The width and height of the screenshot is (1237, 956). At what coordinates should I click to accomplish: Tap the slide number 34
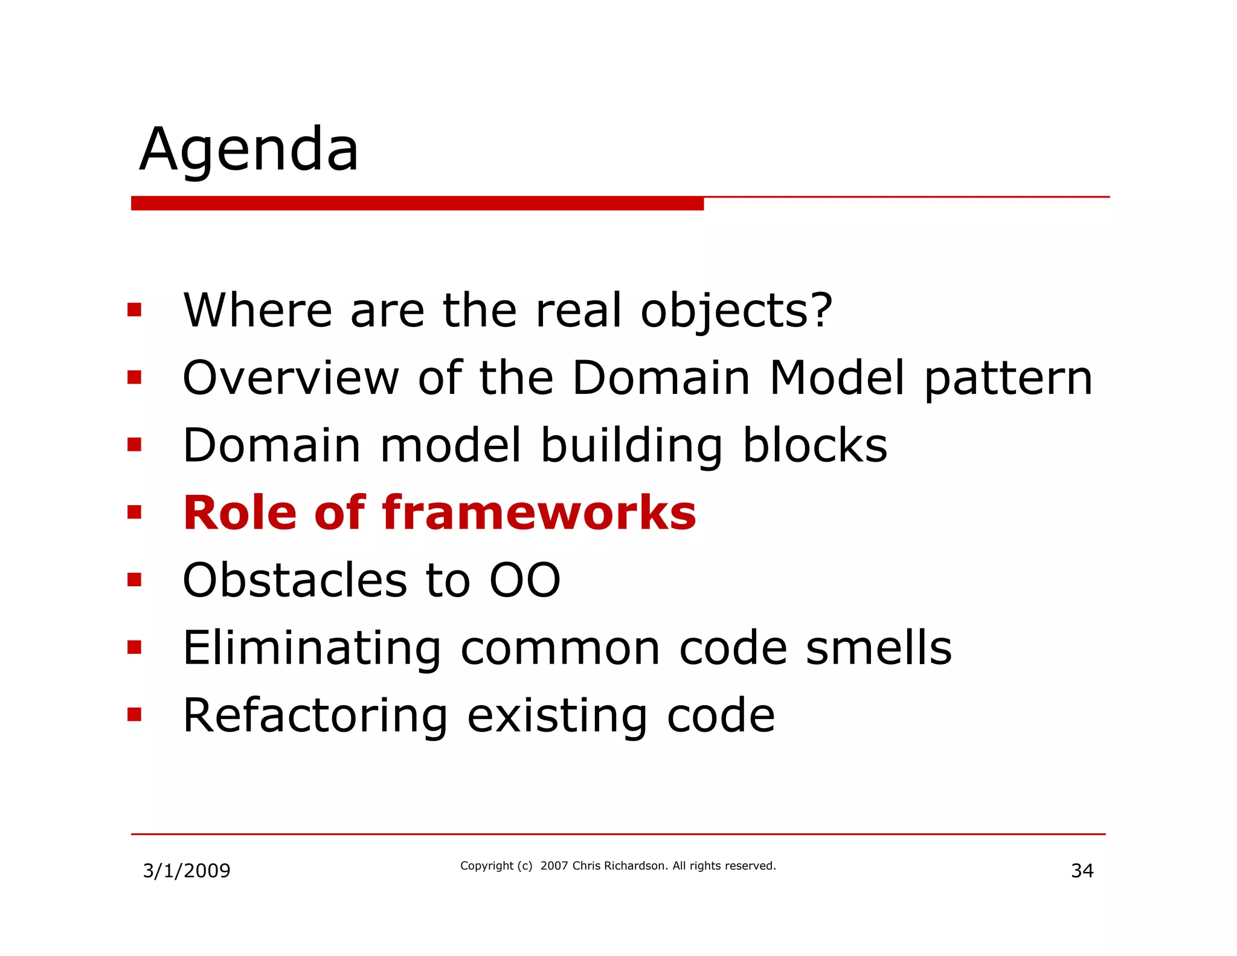pyautogui.click(x=1082, y=871)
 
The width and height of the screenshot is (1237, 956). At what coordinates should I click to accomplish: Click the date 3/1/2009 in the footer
pyautogui.click(x=187, y=871)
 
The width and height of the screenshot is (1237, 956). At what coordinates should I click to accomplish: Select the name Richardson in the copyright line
pyautogui.click(x=636, y=866)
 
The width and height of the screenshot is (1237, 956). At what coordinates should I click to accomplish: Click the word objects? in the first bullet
pyautogui.click(x=736, y=311)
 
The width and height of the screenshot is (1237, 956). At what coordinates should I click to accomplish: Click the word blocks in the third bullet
pyautogui.click(x=815, y=445)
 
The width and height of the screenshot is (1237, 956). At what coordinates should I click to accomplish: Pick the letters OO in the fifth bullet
pyautogui.click(x=525, y=580)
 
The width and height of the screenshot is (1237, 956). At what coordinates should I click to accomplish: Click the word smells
pyautogui.click(x=879, y=648)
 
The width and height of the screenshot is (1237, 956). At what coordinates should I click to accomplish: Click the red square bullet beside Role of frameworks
pyautogui.click(x=134, y=513)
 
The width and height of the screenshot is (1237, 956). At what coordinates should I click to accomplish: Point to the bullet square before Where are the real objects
pyautogui.click(x=134, y=311)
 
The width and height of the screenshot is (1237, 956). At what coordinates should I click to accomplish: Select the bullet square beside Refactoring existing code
pyautogui.click(x=134, y=715)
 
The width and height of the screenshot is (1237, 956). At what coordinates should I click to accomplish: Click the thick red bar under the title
pyautogui.click(x=417, y=203)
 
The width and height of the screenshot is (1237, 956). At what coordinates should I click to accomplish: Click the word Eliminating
pyautogui.click(x=312, y=648)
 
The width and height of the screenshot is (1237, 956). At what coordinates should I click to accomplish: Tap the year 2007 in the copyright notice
pyautogui.click(x=554, y=866)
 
